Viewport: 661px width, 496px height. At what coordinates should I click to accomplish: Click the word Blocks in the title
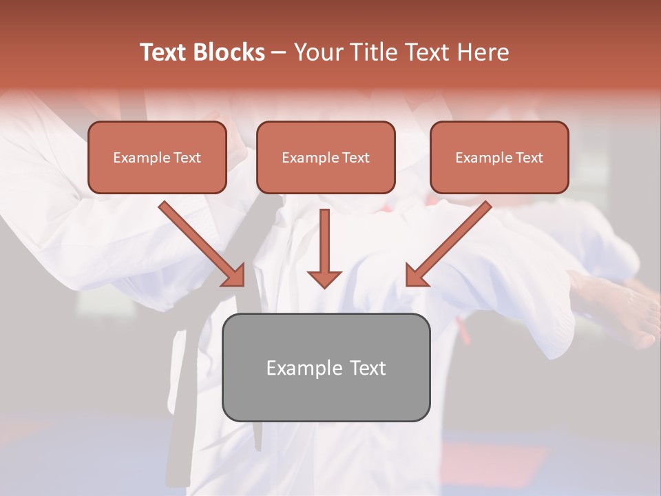tap(229, 52)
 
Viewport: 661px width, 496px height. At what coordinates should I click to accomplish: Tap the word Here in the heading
tap(482, 52)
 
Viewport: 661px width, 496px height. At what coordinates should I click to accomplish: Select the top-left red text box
tap(157, 157)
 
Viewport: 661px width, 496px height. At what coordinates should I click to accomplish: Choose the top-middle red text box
tap(326, 157)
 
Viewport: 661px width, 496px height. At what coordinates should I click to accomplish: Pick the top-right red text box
tap(499, 157)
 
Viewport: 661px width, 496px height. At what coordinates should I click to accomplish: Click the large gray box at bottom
tap(326, 367)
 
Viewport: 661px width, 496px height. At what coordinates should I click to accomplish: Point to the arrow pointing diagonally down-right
tap(200, 242)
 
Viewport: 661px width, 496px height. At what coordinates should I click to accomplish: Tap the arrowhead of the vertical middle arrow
tap(324, 278)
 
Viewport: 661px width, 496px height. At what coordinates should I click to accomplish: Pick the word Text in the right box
tap(529, 158)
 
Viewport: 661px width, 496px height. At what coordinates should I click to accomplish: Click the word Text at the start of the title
tap(163, 52)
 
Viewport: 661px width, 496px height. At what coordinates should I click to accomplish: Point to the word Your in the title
tap(316, 52)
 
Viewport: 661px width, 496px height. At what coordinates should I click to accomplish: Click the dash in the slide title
tap(279, 53)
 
